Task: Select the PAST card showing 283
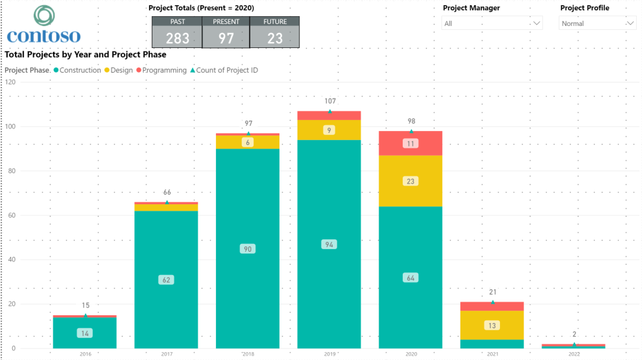coord(177,32)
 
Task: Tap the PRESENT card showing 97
coord(226,32)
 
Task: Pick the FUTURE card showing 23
coord(275,32)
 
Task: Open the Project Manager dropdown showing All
coord(492,23)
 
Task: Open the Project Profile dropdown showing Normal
coord(597,23)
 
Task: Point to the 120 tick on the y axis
coord(9,82)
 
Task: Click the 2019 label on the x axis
coord(329,354)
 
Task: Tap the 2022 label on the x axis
coord(574,354)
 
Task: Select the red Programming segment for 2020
coord(410,143)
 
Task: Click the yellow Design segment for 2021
coord(492,325)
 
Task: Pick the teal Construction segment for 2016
coord(85,333)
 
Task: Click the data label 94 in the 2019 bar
coord(329,245)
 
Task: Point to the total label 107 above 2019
coord(329,101)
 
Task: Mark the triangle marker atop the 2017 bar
coord(167,202)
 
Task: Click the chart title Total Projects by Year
coord(85,55)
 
